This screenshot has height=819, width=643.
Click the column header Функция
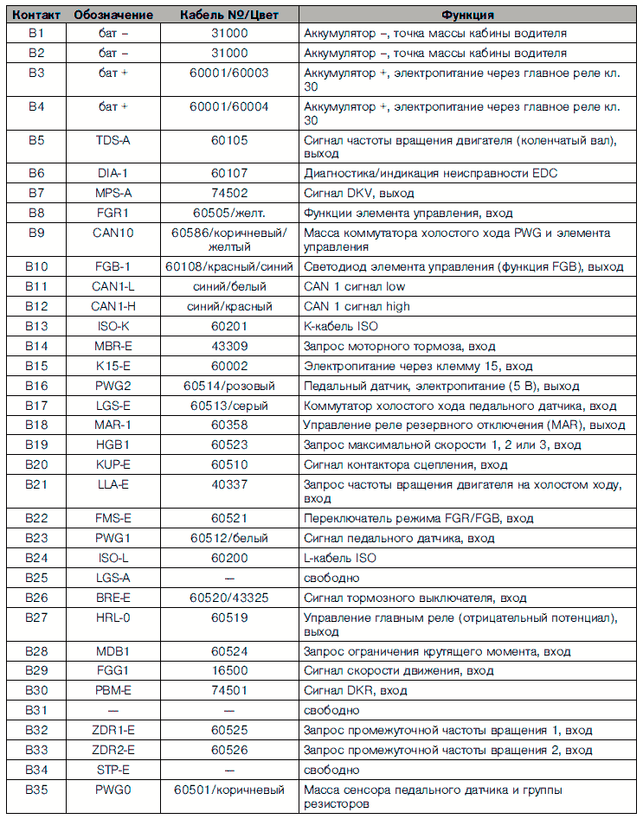(468, 15)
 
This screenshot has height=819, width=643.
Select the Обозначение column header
(113, 15)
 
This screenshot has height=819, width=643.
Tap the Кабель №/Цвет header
(229, 15)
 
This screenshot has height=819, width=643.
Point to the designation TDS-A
(113, 139)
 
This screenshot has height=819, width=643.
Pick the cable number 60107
(229, 173)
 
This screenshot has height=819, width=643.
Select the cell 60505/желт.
(229, 213)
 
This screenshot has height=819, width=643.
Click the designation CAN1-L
(113, 286)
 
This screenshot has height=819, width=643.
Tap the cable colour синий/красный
(229, 306)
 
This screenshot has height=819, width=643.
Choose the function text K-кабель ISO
(340, 326)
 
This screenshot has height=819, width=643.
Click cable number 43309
(229, 346)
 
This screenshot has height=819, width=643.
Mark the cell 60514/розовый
(229, 386)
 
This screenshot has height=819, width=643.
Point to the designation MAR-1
(113, 425)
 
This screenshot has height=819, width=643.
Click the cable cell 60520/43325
(229, 598)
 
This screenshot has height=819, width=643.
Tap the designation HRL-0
(113, 617)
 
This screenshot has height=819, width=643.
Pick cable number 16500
(229, 670)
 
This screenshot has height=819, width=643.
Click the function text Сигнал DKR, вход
(355, 690)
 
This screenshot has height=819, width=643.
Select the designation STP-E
(113, 769)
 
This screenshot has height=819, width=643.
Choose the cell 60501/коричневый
(229, 790)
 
